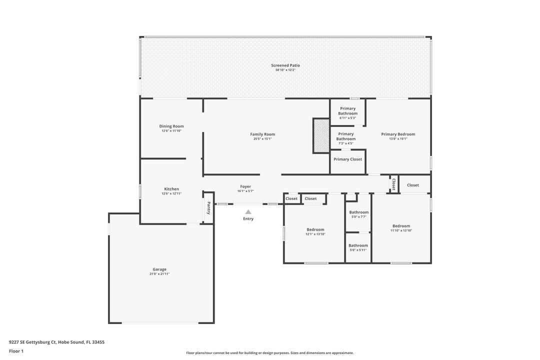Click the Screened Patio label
(285, 65)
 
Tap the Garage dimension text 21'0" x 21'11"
(159, 274)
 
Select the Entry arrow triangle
(248, 212)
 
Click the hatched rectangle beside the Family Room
(321, 135)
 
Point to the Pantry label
(208, 208)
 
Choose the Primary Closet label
(348, 159)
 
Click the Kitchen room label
(171, 189)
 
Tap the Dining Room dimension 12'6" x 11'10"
(171, 131)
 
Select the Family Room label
(262, 134)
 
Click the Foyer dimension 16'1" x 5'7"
(245, 191)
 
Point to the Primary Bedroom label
(398, 134)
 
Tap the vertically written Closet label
(393, 184)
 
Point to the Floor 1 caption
(16, 351)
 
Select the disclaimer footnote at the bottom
(270, 353)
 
